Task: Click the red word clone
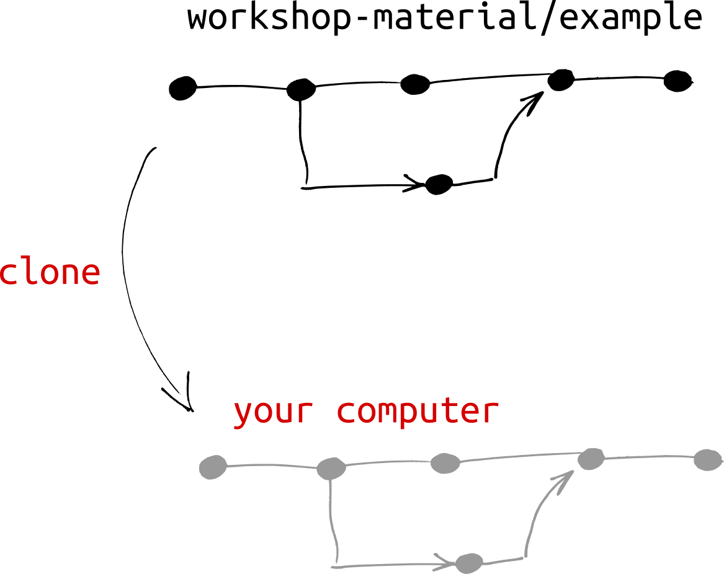(x=50, y=272)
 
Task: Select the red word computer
(x=418, y=412)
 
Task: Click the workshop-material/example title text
(x=444, y=18)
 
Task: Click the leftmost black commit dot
(x=182, y=89)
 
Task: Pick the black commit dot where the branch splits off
(x=301, y=89)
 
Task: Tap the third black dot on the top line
(x=415, y=84)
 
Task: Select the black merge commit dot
(x=561, y=79)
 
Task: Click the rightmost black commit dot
(x=677, y=81)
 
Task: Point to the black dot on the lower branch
(x=439, y=184)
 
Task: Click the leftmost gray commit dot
(x=213, y=467)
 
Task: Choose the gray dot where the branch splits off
(x=331, y=468)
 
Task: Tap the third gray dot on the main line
(x=445, y=463)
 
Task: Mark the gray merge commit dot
(x=591, y=459)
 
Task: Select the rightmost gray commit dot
(x=707, y=459)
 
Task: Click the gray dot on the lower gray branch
(x=469, y=563)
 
